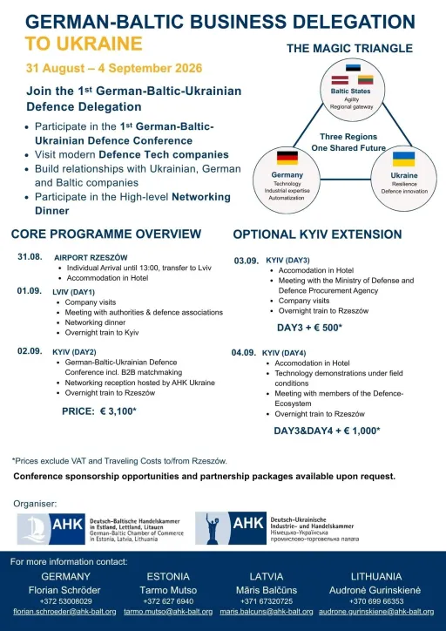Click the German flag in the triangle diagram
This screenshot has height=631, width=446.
pyautogui.click(x=287, y=158)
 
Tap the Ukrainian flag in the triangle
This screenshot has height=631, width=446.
pyautogui.click(x=404, y=159)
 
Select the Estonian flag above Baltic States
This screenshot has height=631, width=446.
pyautogui.click(x=353, y=68)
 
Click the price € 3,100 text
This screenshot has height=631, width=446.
pyautogui.click(x=99, y=411)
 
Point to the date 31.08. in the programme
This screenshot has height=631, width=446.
pyautogui.click(x=30, y=256)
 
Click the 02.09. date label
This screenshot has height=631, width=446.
pyautogui.click(x=30, y=351)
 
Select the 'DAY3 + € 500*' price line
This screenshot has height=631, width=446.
pyautogui.click(x=309, y=328)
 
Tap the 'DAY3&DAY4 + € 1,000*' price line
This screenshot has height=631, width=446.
pyautogui.click(x=327, y=431)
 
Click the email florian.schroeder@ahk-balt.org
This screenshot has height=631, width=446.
pyautogui.click(x=64, y=612)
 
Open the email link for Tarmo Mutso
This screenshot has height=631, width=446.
pyautogui.click(x=168, y=612)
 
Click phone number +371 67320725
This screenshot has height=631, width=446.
pyautogui.click(x=267, y=601)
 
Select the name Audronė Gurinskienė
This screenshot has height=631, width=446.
pyautogui.click(x=375, y=590)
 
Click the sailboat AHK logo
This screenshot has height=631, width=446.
pyautogui.click(x=51, y=529)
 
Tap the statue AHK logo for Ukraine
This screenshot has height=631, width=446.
pyautogui.click(x=231, y=528)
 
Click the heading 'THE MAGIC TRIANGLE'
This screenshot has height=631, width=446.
pyautogui.click(x=350, y=48)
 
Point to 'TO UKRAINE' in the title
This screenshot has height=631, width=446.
pyautogui.click(x=84, y=44)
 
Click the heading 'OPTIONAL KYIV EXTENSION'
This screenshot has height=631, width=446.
pyautogui.click(x=317, y=234)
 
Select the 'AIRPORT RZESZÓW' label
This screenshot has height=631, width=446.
pyautogui.click(x=91, y=258)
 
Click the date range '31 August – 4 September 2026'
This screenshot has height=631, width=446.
pyautogui.click(x=114, y=68)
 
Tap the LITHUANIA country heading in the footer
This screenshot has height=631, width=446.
pyautogui.click(x=376, y=576)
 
